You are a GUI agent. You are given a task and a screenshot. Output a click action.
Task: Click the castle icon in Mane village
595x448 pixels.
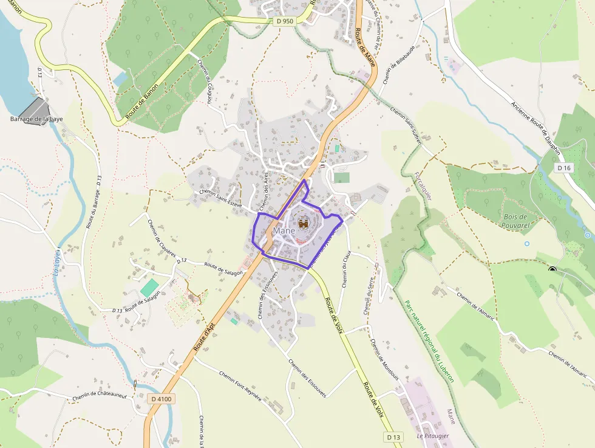tap(302, 225)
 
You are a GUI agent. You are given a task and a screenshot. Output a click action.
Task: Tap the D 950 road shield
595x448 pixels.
tap(284, 21)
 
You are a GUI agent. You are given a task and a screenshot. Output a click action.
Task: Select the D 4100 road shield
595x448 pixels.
tap(161, 399)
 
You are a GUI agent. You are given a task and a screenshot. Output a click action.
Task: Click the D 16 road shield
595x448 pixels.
tap(564, 167)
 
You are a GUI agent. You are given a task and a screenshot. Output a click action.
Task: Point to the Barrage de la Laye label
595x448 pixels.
tap(36, 119)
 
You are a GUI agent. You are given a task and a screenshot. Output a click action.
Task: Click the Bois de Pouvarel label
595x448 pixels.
tap(515, 220)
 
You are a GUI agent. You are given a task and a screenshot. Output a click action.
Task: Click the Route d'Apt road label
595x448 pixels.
tap(205, 340)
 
